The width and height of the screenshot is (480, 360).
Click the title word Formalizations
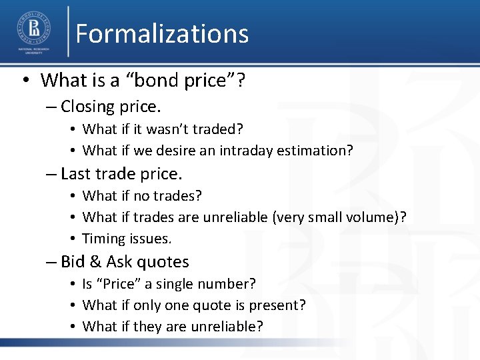[162, 33]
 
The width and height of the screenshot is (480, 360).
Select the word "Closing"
[87, 107]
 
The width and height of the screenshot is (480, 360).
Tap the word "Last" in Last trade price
[75, 174]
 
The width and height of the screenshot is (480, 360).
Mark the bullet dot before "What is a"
[24, 81]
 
